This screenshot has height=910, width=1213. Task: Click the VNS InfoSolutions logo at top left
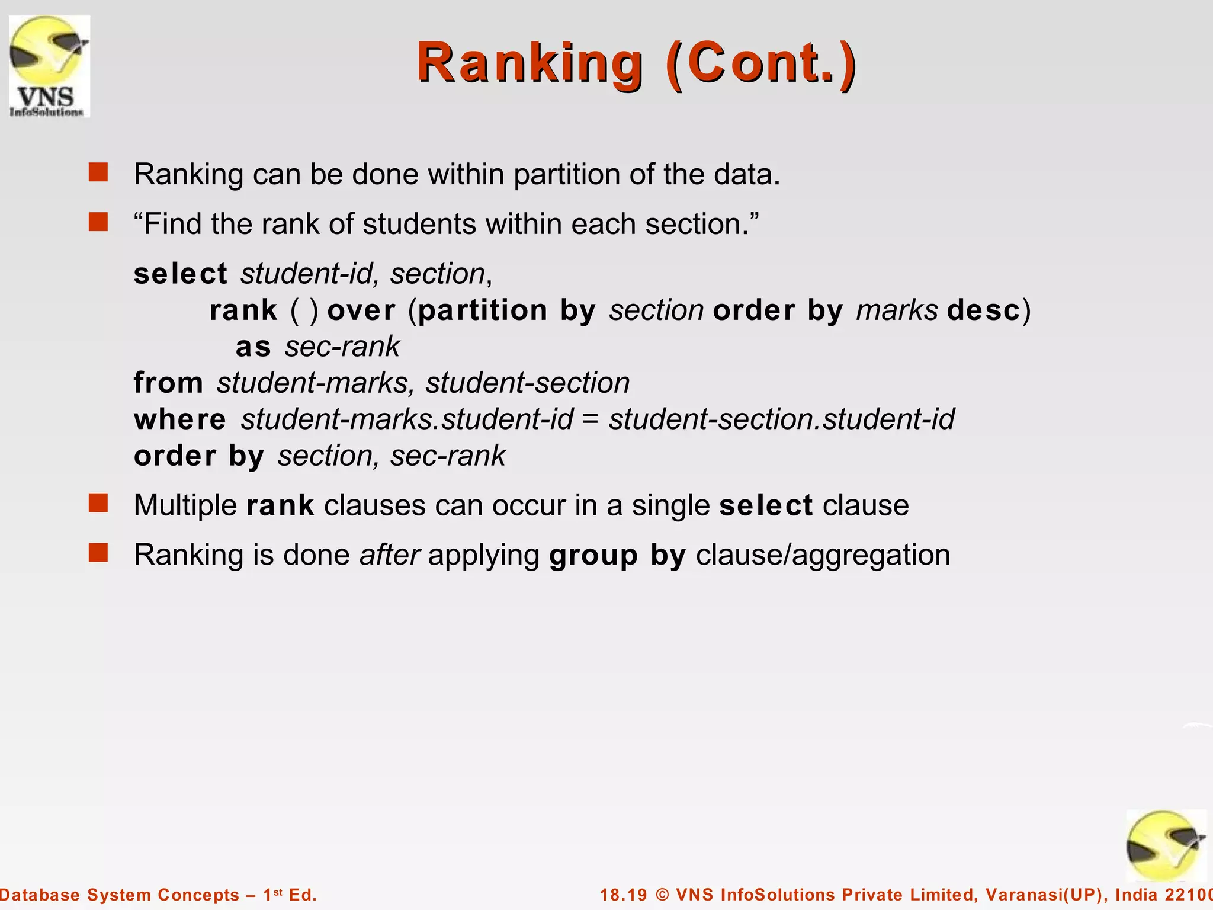[x=49, y=66]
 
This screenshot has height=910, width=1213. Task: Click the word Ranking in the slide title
[x=530, y=63]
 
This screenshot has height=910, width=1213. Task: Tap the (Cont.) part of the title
[x=760, y=63]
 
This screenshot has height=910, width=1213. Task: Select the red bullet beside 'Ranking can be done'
[x=98, y=173]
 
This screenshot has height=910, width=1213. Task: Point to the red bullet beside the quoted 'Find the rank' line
[x=98, y=223]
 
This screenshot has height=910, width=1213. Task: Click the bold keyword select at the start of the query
[x=180, y=274]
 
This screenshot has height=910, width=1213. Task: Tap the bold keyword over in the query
[x=361, y=310]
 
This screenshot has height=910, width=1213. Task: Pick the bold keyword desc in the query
[x=983, y=310]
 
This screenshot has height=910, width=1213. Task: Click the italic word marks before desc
[x=897, y=310]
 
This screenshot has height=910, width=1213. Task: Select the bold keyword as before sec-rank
[x=253, y=347]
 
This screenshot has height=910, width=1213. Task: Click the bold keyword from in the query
[x=168, y=383]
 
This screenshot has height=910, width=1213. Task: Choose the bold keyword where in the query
[x=180, y=419]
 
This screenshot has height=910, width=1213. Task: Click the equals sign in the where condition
[x=590, y=419]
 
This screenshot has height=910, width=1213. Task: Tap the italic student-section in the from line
[x=527, y=383]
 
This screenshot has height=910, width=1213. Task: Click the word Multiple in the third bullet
[x=185, y=506]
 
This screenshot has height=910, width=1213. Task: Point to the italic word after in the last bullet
[x=390, y=555]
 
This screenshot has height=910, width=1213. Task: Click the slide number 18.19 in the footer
[x=623, y=895]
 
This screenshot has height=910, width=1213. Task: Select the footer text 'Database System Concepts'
[x=118, y=895]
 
